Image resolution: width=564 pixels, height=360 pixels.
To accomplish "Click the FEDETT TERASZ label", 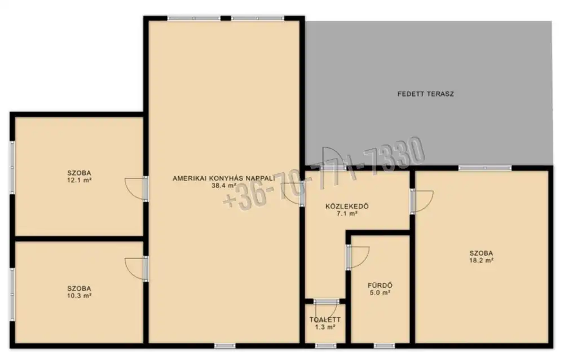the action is coord(425,94).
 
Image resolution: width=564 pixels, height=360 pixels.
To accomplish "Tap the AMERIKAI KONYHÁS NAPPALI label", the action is coord(224,178).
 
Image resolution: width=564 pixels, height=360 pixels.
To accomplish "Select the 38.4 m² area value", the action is coord(224,186).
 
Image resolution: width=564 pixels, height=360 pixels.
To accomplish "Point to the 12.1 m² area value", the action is coord(79,180).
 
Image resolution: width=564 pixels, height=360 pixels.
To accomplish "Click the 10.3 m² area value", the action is coord(79,296).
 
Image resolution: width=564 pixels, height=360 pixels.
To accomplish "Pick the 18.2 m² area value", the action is coord(481,260).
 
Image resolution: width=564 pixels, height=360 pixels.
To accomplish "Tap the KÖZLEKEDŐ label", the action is coord(347,207).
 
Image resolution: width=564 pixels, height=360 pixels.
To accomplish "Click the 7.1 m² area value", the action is coord(347,214).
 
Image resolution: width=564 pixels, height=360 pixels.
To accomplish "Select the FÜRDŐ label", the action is coord(380,285).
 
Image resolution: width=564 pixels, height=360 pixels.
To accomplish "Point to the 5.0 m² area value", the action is coord(380,293).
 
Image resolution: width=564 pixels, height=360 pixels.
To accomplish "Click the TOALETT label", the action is coord(325,319).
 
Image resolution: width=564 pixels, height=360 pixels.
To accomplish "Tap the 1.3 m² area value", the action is coord(325,327).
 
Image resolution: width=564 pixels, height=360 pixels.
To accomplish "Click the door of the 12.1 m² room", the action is coord(136,188).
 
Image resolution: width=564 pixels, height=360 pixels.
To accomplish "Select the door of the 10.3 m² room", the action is coord(136,269).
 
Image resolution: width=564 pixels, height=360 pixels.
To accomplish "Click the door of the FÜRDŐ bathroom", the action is coord(358,257).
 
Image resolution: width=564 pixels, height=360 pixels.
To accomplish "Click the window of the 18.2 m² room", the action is coord(485,168).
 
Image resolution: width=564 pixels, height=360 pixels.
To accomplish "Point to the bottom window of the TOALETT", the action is coord(325,345).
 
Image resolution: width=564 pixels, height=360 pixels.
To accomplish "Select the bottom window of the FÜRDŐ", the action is coord(384,345).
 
